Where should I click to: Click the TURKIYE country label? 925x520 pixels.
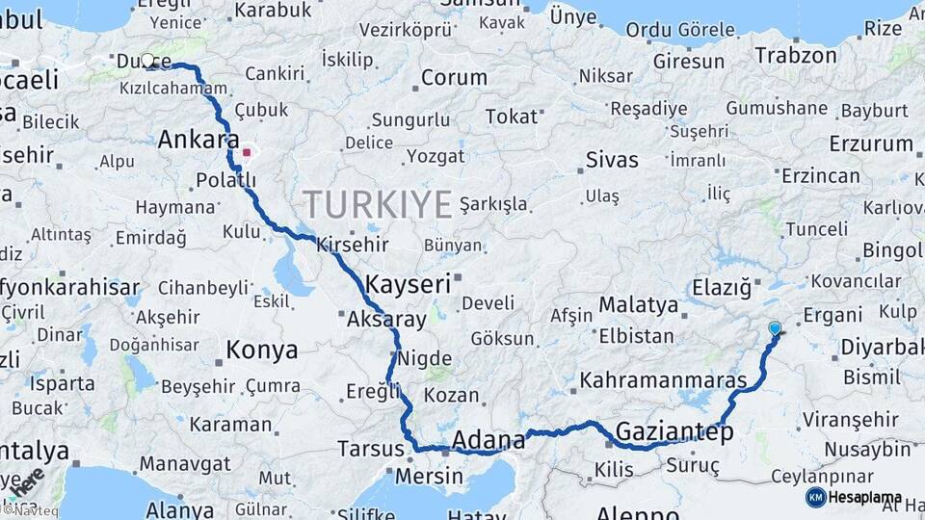click(x=378, y=204)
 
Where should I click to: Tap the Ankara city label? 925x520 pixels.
click(x=198, y=140)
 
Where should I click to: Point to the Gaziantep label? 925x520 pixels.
click(x=673, y=431)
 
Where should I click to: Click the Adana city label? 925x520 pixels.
click(x=489, y=441)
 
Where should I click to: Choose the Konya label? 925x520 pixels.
click(x=261, y=351)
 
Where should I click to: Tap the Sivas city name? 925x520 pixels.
click(x=612, y=159)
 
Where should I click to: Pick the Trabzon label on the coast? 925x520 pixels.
click(x=796, y=55)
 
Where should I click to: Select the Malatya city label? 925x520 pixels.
click(x=639, y=305)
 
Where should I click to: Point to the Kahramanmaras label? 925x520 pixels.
click(x=664, y=380)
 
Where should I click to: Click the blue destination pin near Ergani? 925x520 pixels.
click(x=775, y=328)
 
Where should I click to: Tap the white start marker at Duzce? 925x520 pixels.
click(x=147, y=60)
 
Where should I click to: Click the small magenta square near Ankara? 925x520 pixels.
click(x=248, y=151)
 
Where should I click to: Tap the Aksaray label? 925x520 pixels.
click(x=386, y=319)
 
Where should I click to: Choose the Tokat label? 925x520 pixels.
click(x=511, y=117)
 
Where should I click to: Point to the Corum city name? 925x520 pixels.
click(x=454, y=76)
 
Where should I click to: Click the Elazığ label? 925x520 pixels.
click(x=721, y=287)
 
